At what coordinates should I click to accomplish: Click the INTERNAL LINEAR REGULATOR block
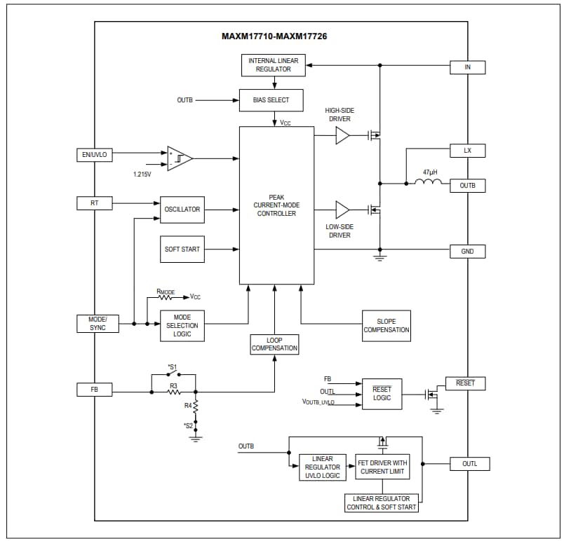click(273, 65)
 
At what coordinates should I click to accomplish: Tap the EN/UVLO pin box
click(94, 155)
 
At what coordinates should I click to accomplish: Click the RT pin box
click(94, 203)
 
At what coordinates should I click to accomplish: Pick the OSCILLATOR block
click(182, 210)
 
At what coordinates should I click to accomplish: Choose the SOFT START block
click(182, 249)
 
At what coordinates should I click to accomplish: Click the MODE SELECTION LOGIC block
click(182, 326)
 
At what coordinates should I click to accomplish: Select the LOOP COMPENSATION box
click(274, 344)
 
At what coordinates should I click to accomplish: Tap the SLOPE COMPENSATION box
click(387, 326)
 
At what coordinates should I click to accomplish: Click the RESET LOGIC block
click(382, 394)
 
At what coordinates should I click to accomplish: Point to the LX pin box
click(467, 151)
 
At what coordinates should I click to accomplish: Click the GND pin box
click(467, 251)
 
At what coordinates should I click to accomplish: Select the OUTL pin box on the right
click(469, 464)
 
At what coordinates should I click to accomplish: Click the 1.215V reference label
click(142, 174)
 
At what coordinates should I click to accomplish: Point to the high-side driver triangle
click(342, 135)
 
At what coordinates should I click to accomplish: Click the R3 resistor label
click(173, 385)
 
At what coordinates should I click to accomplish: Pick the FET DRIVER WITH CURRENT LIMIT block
click(382, 467)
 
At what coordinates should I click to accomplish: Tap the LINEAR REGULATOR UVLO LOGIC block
click(323, 467)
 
